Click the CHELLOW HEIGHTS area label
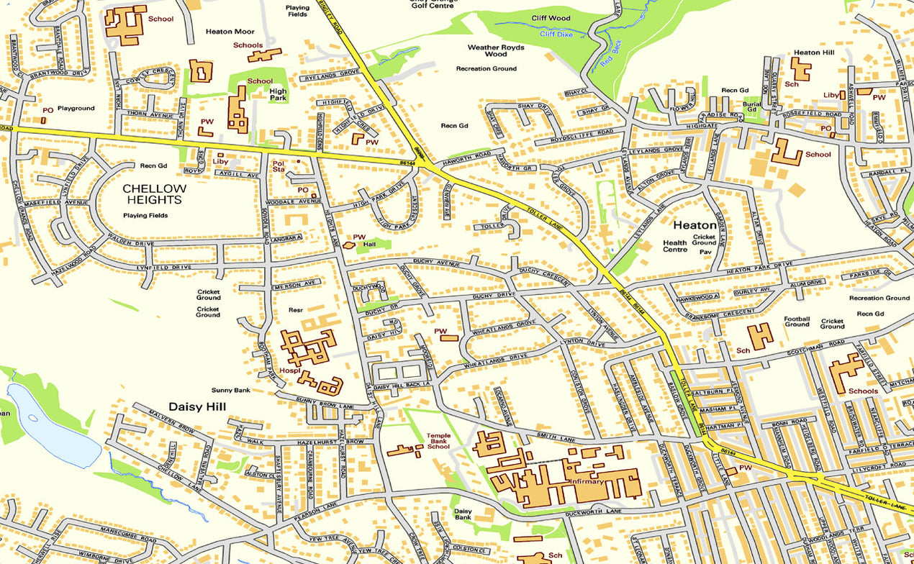[154, 194]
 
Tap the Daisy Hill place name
[197, 406]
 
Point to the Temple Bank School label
[438, 441]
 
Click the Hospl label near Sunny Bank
[288, 372]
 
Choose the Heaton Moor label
[230, 32]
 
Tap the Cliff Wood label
[551, 18]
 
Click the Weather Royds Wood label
[496, 50]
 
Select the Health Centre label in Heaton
[675, 246]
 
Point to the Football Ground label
[797, 322]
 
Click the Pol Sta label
[279, 167]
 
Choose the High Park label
[278, 95]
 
